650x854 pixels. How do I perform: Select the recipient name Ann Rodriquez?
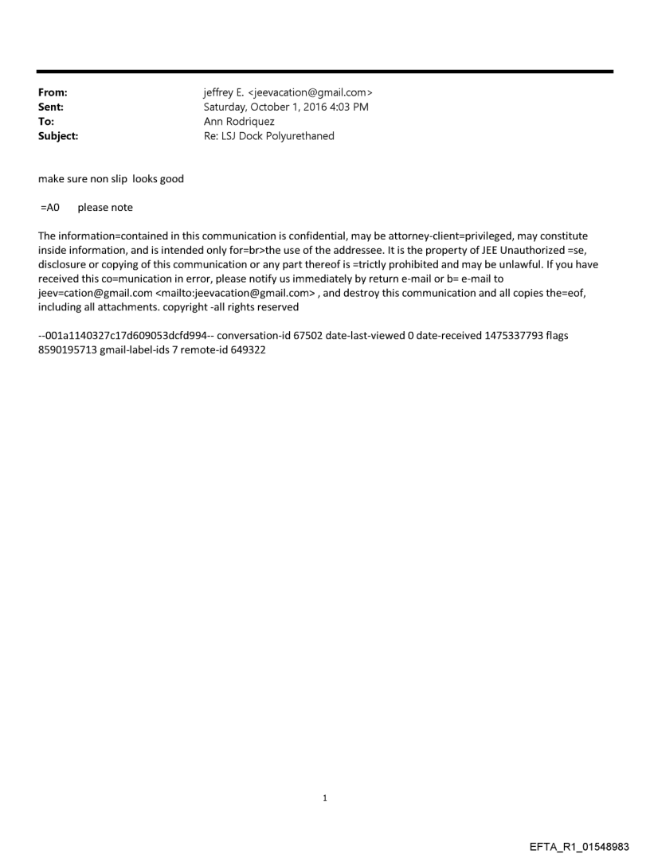pyautogui.click(x=239, y=122)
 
